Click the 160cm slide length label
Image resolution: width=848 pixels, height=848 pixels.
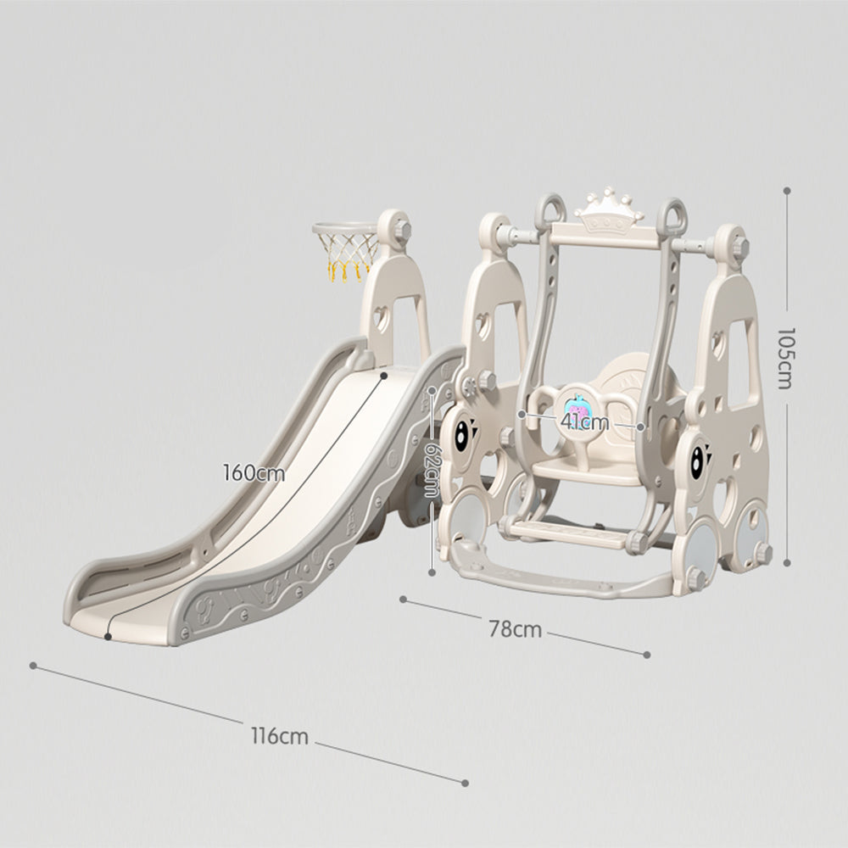point(254,473)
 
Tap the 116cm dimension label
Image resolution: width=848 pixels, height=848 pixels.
point(280,736)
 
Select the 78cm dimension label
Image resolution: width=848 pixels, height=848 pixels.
point(515,629)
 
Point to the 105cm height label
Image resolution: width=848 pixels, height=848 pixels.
point(784,358)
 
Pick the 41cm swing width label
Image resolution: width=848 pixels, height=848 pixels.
point(584,421)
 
